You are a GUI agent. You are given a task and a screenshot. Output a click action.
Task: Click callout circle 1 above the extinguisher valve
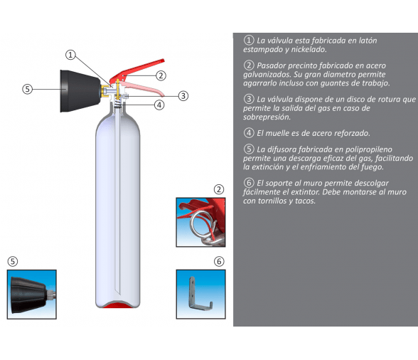70,55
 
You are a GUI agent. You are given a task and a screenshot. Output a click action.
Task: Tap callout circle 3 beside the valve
183,96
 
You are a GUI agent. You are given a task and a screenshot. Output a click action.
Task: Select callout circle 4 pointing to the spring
159,105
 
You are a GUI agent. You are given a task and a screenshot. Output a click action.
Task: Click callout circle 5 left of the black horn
27,89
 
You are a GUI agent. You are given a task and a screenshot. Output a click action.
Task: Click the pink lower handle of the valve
143,88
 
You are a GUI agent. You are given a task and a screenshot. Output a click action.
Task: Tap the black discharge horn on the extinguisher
80,91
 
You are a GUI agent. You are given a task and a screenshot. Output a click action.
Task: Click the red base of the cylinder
117,305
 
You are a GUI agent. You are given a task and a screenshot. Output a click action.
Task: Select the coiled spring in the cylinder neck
118,104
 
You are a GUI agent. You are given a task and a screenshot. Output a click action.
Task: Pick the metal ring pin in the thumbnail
202,223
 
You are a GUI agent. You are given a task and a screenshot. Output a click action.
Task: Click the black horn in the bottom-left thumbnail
28,295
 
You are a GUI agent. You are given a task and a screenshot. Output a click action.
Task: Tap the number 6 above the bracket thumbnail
219,262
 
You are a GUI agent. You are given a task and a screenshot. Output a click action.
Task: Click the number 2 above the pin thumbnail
219,189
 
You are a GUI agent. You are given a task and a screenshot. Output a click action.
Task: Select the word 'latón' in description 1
368,41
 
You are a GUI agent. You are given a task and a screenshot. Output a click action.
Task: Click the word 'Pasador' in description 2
271,65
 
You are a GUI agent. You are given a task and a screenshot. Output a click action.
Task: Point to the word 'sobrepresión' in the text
267,117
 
